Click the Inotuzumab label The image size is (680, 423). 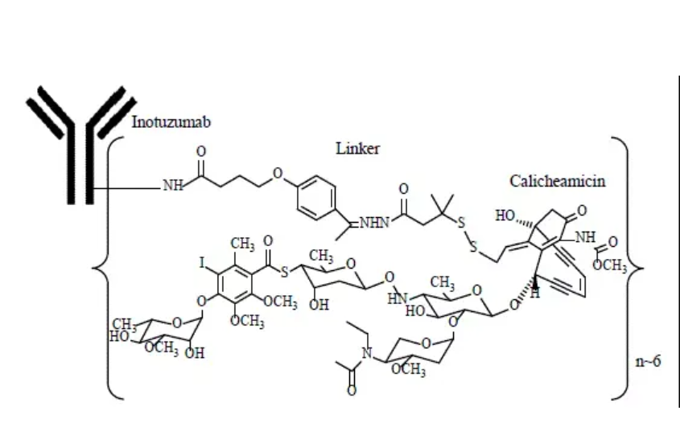[x=171, y=122]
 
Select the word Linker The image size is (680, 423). [x=358, y=149]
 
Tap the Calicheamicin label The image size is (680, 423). [x=557, y=181]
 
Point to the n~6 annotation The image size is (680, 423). [x=648, y=361]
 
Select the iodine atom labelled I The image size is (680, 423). [x=202, y=263]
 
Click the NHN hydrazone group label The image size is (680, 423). [x=375, y=224]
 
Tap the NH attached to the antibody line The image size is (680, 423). [x=173, y=186]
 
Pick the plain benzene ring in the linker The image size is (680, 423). [x=316, y=198]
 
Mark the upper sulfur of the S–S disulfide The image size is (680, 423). [x=461, y=224]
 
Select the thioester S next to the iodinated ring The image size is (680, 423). [x=285, y=272]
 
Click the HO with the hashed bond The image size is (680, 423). [x=505, y=216]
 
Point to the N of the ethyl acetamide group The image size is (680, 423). [x=367, y=354]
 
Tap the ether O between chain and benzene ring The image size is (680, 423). [x=278, y=174]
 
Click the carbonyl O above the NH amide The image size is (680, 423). [x=201, y=151]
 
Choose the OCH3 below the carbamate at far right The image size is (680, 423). [x=610, y=265]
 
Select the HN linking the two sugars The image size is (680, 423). [x=398, y=298]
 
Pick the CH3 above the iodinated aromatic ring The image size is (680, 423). [x=242, y=244]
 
